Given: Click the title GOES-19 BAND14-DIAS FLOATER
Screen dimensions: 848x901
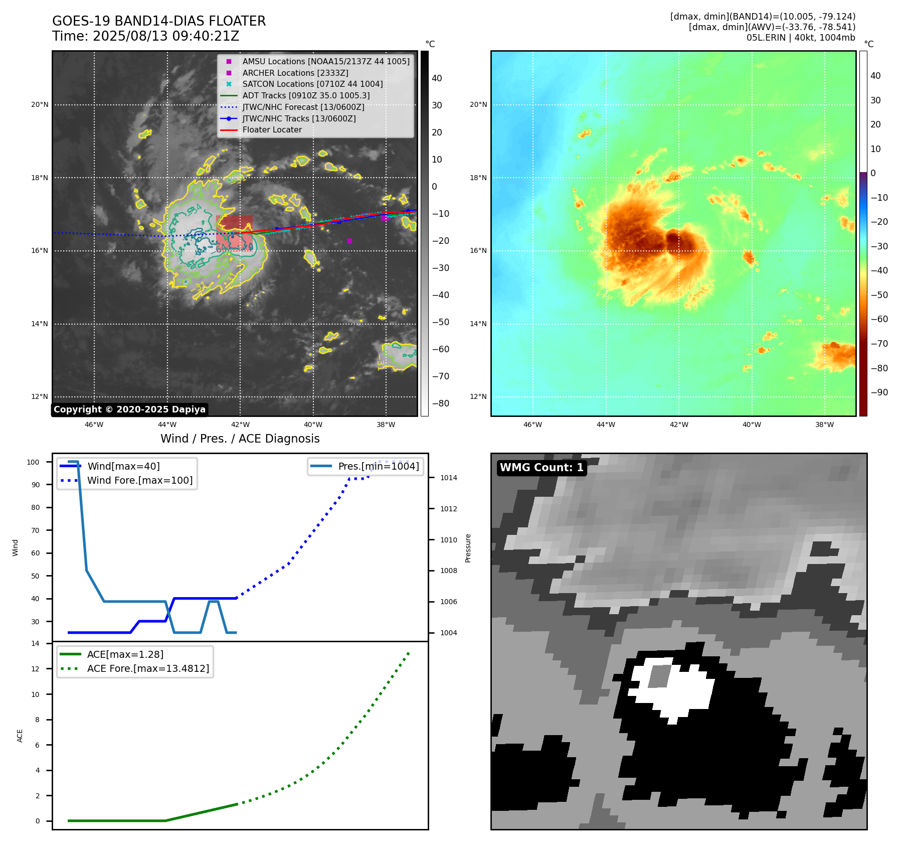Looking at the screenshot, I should pos(159,21).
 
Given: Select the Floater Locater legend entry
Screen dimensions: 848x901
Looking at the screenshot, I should pos(272,130).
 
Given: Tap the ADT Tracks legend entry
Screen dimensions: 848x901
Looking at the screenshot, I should pos(306,95).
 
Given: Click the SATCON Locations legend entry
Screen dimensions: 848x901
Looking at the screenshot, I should pos(312,84).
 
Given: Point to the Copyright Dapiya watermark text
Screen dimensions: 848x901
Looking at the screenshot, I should pos(129,409).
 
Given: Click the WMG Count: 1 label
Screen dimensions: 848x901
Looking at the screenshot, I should pos(542,468).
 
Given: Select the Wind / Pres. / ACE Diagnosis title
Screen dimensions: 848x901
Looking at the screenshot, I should pos(240,439).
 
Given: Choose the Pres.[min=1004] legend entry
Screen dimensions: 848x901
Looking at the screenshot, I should pos(378,466).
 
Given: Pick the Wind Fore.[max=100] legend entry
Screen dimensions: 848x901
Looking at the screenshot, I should pos(140,480).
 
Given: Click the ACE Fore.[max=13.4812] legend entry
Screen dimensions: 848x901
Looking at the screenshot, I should pos(148,668).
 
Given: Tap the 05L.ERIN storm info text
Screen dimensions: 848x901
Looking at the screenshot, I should pos(801,38).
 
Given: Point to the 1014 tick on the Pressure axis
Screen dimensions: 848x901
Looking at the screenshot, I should pos(448,478).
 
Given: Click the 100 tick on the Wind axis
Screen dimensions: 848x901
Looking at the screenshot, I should pos(33,462).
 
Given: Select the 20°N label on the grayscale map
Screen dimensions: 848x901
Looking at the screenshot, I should pos(40,105).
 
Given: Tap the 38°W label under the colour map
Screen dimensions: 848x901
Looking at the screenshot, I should pos(824,425).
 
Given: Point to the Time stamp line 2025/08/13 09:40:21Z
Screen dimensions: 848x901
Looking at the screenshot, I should pos(145,36).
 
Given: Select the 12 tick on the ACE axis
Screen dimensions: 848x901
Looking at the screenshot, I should pos(35,669).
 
